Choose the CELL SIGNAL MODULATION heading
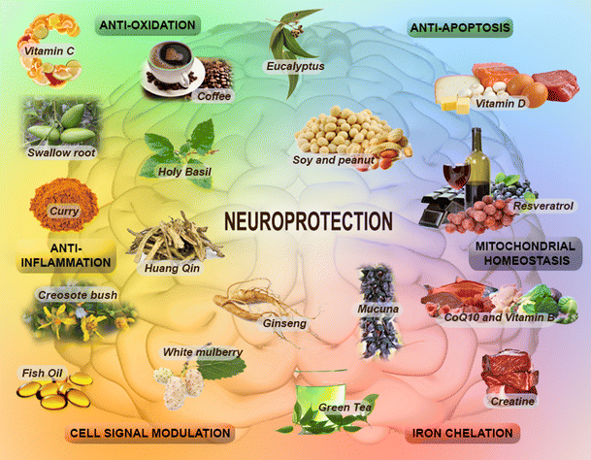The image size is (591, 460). [x=150, y=433]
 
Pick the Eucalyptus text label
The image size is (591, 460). [x=294, y=66]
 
